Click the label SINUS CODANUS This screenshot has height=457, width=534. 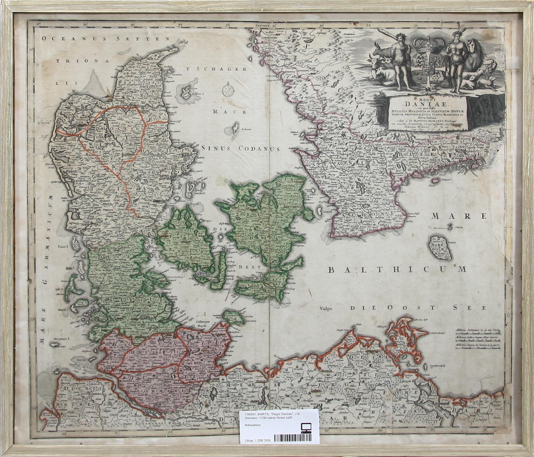tap(241, 148)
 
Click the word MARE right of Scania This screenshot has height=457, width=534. tap(459, 216)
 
